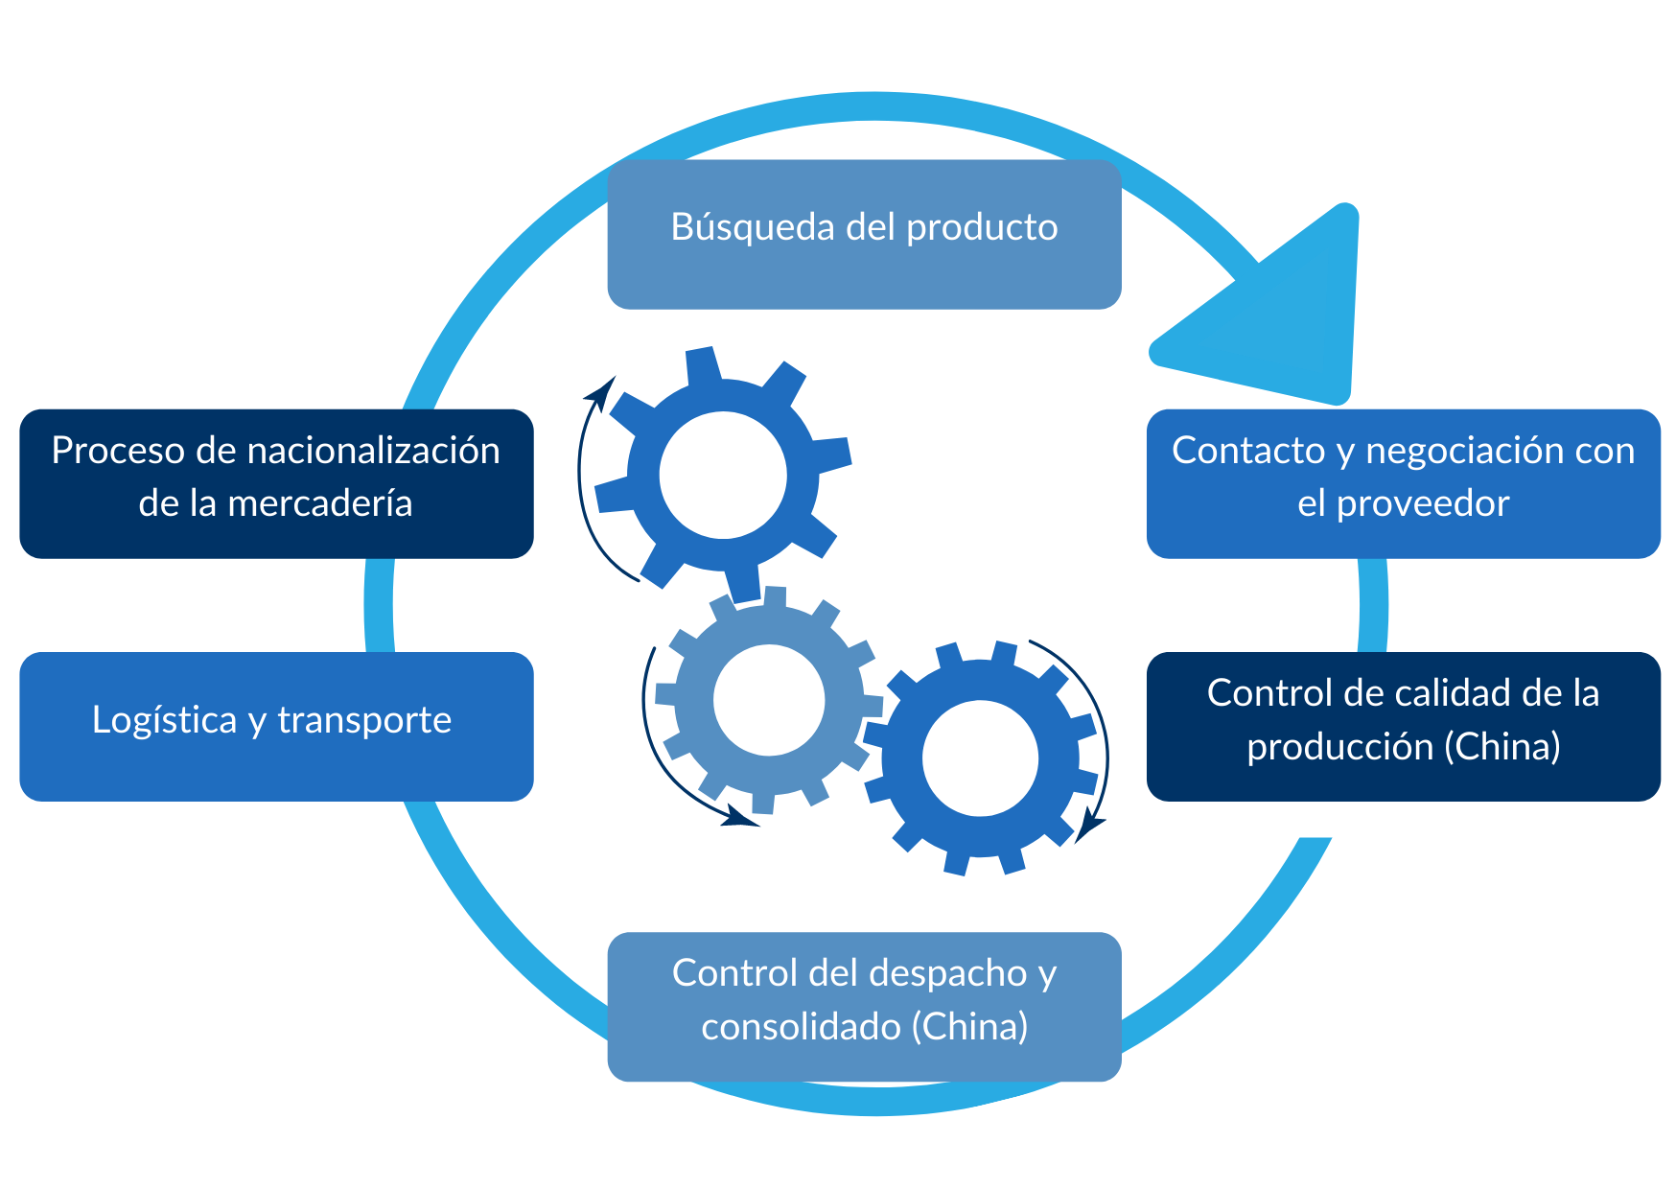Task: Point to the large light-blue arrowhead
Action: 1285,316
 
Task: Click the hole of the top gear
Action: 723,476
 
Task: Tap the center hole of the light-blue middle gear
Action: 769,700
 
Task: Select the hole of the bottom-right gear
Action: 980,758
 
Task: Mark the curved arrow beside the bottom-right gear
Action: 1103,729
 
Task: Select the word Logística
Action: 164,720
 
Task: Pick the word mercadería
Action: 320,503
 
